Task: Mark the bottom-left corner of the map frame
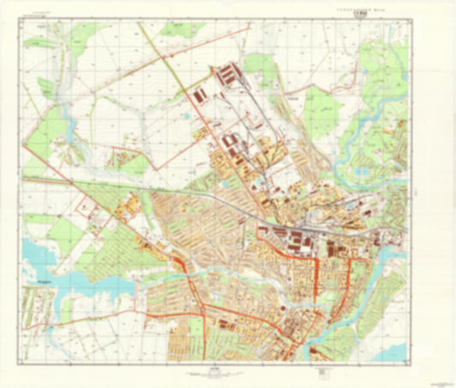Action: [22, 359]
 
